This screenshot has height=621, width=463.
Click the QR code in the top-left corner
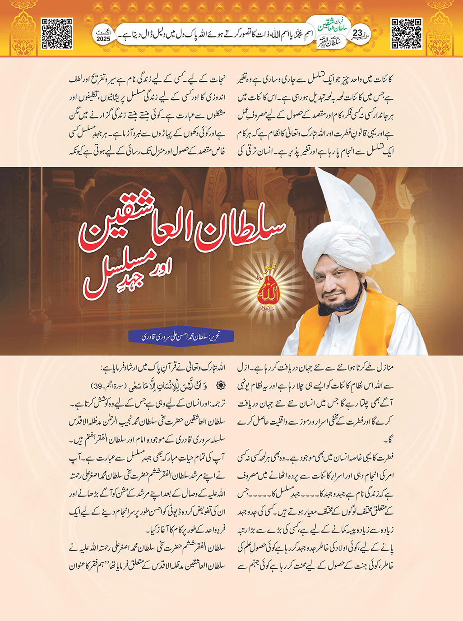(57, 33)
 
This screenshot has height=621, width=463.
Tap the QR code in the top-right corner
(406, 33)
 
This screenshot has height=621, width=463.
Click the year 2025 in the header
(103, 39)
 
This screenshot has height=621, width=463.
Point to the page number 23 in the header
(357, 33)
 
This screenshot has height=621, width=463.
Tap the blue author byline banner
(181, 336)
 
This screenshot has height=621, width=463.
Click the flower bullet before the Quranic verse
(221, 386)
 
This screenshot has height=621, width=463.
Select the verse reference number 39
(96, 386)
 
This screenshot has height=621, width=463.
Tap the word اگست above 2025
(103, 32)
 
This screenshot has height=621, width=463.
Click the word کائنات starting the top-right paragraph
(384, 80)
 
